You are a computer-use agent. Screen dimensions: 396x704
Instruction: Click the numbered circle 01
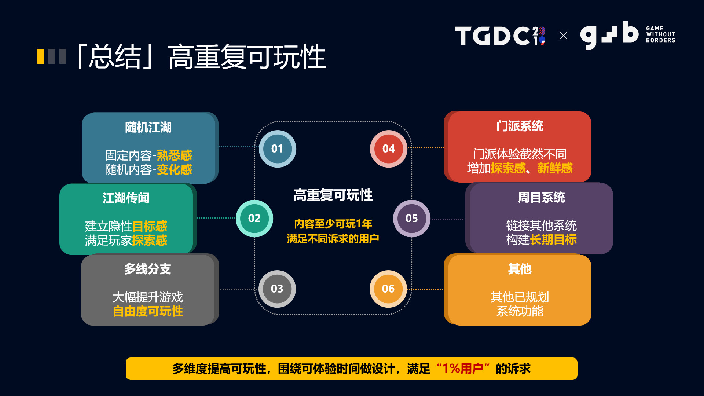pyautogui.click(x=277, y=148)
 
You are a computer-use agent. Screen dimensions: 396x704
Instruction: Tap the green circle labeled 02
pyautogui.click(x=254, y=218)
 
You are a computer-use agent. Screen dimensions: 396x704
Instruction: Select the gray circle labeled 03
pyautogui.click(x=277, y=289)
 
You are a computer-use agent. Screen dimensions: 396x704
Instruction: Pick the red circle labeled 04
pyautogui.click(x=388, y=148)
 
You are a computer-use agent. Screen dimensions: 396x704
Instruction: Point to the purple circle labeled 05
pyautogui.click(x=411, y=218)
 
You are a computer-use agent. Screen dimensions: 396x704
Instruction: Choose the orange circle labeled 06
pyautogui.click(x=388, y=289)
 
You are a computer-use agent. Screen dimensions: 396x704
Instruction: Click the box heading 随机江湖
pyautogui.click(x=148, y=128)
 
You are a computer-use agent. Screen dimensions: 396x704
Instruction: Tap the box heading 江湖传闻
pyautogui.click(x=126, y=198)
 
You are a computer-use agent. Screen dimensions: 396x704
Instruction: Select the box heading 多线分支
pyautogui.click(x=147, y=269)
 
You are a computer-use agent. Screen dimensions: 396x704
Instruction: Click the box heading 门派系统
pyautogui.click(x=520, y=126)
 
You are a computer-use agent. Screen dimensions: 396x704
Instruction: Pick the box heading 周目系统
pyautogui.click(x=541, y=198)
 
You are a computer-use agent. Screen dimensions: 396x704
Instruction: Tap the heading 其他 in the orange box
pyautogui.click(x=520, y=269)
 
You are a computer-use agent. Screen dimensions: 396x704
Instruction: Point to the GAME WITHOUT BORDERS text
pyautogui.click(x=660, y=34)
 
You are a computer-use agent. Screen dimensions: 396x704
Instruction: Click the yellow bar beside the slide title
pyautogui.click(x=41, y=56)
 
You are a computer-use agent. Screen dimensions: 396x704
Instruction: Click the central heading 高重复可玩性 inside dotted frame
pyautogui.click(x=333, y=195)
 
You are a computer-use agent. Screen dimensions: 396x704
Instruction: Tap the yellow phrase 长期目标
pyautogui.click(x=553, y=240)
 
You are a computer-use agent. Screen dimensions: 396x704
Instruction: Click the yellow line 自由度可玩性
pyautogui.click(x=148, y=312)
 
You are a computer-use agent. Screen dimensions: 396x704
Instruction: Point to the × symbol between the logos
pyautogui.click(x=563, y=36)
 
